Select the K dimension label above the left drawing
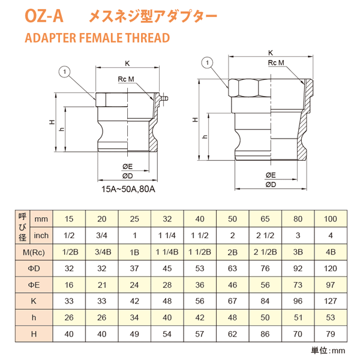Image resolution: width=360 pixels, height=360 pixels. pos(127,63)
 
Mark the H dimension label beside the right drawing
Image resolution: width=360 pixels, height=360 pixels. pos(194,119)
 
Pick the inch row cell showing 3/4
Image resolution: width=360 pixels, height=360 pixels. pos(103,235)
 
